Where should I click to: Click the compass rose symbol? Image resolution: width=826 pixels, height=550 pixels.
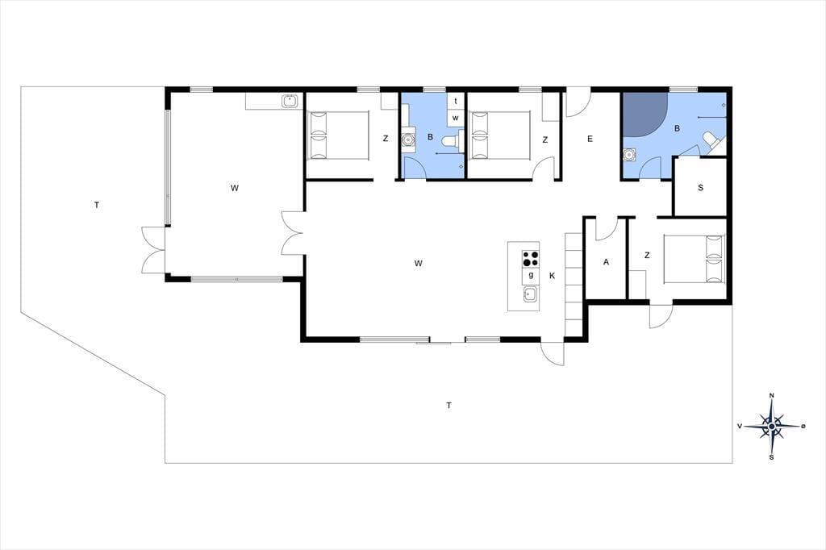(772, 426)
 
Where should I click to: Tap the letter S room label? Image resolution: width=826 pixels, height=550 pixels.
(700, 188)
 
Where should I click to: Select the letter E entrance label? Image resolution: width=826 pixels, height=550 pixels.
(590, 139)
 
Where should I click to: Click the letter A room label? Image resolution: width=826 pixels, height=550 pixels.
(607, 262)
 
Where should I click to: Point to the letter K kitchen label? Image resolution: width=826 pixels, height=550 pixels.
(552, 276)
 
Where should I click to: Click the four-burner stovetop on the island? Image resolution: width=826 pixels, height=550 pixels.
(531, 259)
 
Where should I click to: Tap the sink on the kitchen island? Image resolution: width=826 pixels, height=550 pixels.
(531, 294)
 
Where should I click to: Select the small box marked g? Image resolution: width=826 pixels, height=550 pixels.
(531, 276)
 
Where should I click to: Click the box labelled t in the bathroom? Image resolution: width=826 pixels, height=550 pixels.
(456, 101)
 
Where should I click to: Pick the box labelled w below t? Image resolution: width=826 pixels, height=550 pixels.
(456, 118)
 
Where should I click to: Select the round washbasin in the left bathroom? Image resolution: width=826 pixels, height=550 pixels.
(408, 140)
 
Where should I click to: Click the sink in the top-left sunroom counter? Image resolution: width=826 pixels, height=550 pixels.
(290, 100)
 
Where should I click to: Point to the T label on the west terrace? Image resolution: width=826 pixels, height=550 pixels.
(97, 205)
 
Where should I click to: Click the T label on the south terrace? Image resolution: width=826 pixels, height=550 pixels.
(448, 405)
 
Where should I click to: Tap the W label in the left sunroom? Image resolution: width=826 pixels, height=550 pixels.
(235, 188)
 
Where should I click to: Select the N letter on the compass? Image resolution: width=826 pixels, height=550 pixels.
(772, 396)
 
